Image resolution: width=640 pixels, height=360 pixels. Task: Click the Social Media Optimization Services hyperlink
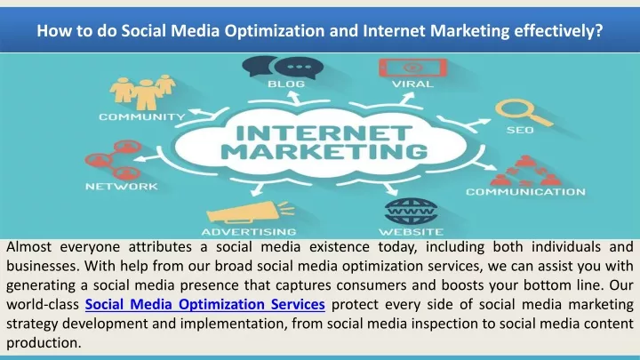(x=205, y=305)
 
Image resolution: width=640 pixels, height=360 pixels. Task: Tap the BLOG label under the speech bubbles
(x=286, y=84)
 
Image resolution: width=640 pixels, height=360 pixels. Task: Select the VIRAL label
(x=412, y=84)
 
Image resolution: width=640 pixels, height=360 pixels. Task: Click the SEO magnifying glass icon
(x=524, y=112)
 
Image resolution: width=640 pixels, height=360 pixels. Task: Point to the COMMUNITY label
(x=142, y=117)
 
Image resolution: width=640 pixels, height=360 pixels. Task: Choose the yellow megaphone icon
(x=250, y=212)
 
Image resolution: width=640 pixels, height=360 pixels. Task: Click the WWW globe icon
(x=412, y=211)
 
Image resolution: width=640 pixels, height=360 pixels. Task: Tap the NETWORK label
(x=121, y=187)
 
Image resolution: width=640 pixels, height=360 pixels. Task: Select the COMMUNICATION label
(x=525, y=192)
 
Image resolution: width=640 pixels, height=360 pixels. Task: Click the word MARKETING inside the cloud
(x=325, y=152)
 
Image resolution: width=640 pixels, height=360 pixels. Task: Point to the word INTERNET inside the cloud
(x=324, y=132)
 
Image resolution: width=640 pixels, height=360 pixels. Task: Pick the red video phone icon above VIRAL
(x=412, y=68)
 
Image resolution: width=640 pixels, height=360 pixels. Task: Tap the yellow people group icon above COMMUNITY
(x=143, y=92)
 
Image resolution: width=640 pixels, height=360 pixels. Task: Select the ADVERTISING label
(x=249, y=232)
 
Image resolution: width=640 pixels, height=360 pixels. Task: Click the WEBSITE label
(x=411, y=232)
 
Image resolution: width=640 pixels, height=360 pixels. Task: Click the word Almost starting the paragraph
(x=29, y=247)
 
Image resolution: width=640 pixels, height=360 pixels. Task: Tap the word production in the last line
(x=44, y=343)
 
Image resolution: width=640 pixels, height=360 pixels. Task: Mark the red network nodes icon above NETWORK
(x=113, y=160)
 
